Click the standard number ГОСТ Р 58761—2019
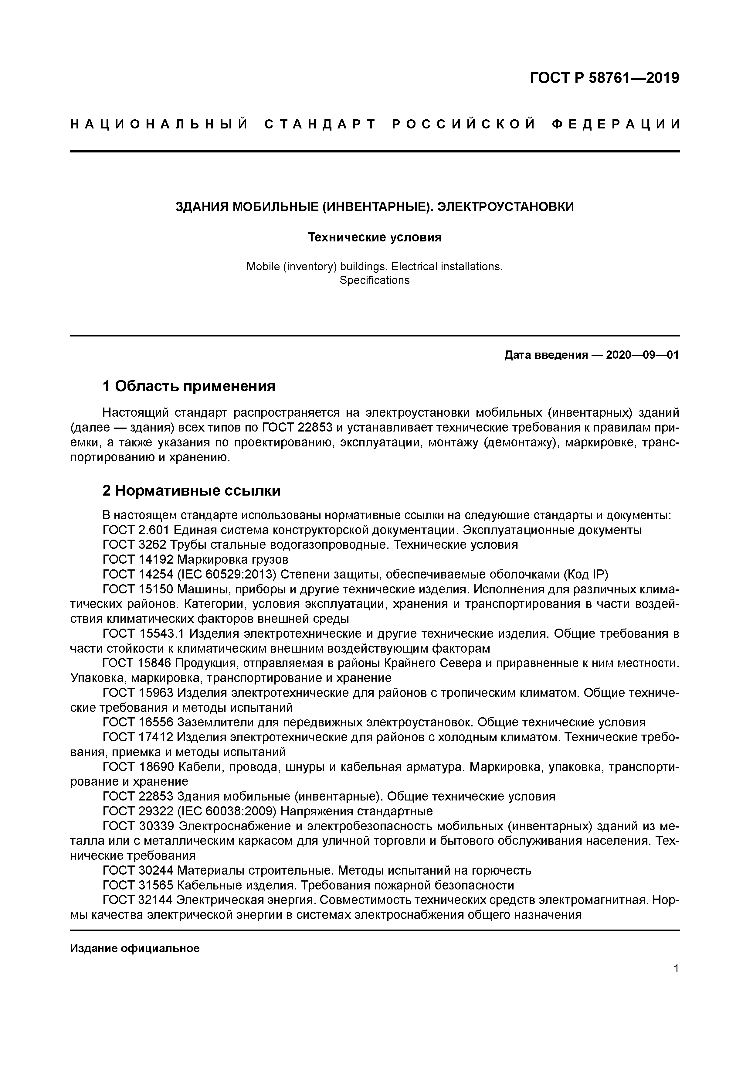tap(604, 78)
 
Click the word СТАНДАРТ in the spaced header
tap(320, 124)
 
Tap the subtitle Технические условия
tap(375, 237)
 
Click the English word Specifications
tap(375, 280)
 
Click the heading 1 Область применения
tap(189, 386)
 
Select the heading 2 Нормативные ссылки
tap(192, 491)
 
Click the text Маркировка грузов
tap(233, 559)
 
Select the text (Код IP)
tap(585, 575)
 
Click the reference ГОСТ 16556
tap(138, 722)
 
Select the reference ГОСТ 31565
tap(138, 885)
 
